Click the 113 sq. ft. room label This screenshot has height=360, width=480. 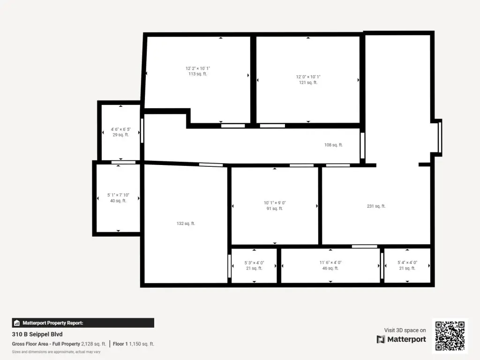tap(198, 74)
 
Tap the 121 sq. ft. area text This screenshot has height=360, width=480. tap(308, 82)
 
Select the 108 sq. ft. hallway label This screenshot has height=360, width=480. tap(333, 145)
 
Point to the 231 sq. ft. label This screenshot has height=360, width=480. tap(376, 206)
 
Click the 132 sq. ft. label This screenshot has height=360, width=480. tap(186, 224)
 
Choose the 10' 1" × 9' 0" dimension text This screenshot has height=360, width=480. tap(275, 202)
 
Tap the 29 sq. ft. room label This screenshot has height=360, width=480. tap(120, 135)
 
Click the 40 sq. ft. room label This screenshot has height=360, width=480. tap(118, 201)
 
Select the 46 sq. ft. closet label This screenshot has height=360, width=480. tap(330, 268)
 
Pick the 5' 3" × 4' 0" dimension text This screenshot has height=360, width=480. tap(254, 262)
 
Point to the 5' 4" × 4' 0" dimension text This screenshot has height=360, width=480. tap(407, 262)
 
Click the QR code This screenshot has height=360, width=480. tap(450, 336)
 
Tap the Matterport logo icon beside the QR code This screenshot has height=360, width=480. tap(381, 339)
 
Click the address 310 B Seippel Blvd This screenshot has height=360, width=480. tap(37, 334)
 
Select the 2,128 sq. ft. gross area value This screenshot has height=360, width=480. tap(93, 344)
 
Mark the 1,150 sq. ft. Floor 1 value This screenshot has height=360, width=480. tap(142, 344)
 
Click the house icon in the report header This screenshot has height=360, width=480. tap(17, 323)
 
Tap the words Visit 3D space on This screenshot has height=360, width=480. tap(405, 330)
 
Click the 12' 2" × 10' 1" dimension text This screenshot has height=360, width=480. tap(198, 68)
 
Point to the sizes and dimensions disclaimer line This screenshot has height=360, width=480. tap(56, 352)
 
